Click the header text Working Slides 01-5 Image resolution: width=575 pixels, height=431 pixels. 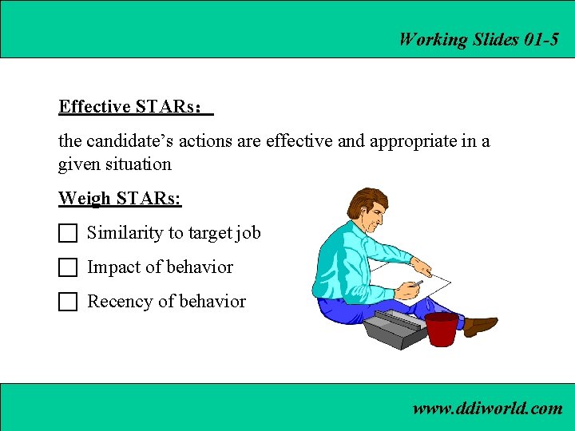[478, 39]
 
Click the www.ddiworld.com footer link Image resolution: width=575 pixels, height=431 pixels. [487, 409]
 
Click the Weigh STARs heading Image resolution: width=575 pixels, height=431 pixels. [120, 198]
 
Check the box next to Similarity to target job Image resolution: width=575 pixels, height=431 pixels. [68, 233]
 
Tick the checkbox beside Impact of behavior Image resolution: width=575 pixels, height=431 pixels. [68, 267]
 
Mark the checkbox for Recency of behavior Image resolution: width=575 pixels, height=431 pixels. [68, 302]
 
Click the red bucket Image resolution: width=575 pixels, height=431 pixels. [441, 328]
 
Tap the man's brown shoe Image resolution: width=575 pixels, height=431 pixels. [480, 325]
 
